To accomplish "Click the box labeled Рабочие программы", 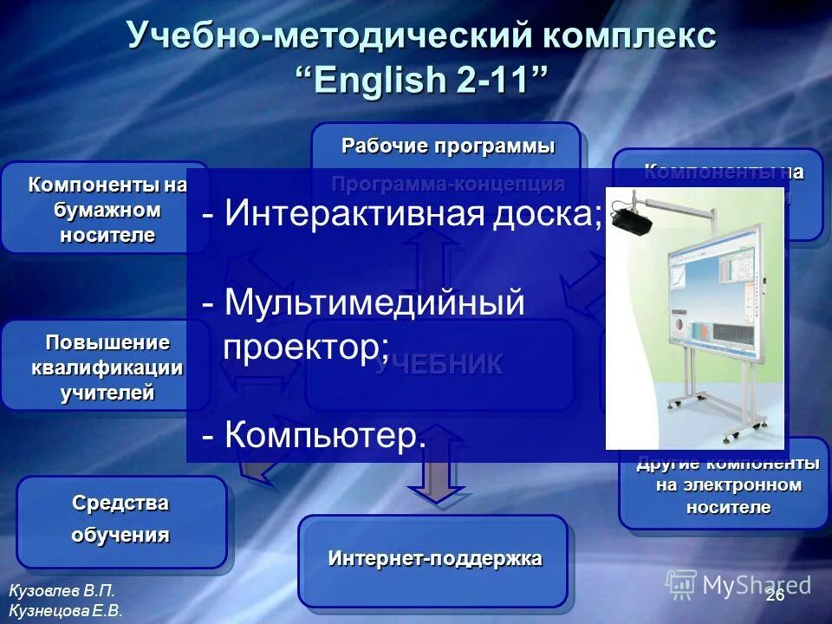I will [x=446, y=146].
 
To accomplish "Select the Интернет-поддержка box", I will [x=433, y=559].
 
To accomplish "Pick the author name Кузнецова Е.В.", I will [x=66, y=610].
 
